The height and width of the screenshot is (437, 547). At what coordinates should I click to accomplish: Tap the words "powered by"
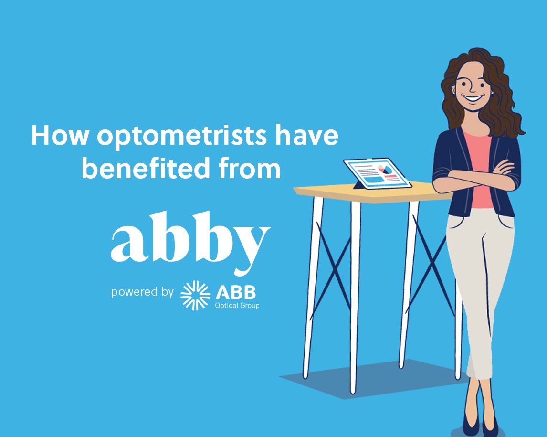[x=142, y=291]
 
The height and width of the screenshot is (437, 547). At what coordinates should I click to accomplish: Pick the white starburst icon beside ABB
[x=195, y=295]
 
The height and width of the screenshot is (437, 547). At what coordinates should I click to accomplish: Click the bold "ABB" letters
[x=237, y=291]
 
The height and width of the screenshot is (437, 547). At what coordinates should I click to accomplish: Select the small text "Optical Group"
[x=237, y=305]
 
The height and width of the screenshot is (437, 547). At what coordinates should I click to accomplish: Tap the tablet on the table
[x=377, y=173]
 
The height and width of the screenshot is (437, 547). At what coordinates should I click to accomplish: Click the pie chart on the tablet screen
[x=385, y=169]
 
